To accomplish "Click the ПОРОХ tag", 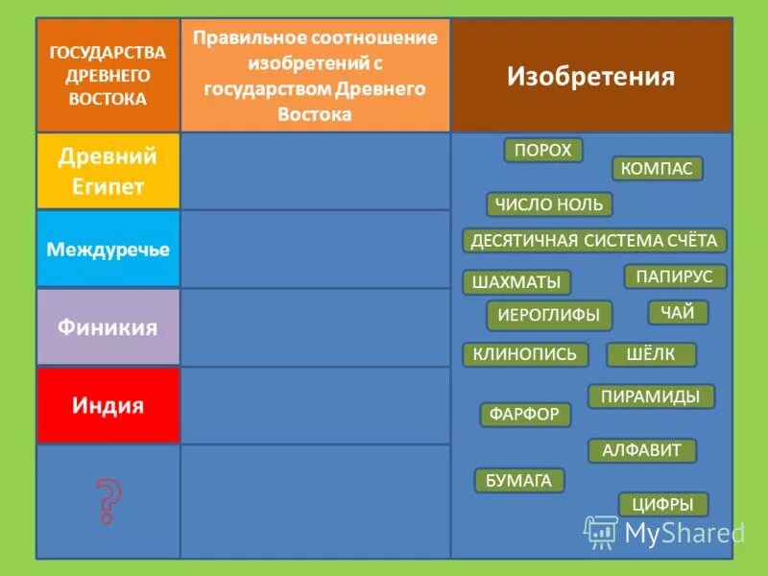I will tap(543, 151).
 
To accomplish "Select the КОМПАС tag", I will tap(657, 169).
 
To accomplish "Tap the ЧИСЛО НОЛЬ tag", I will tap(549, 204).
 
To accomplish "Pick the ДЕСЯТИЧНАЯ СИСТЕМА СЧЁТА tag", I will tap(594, 240).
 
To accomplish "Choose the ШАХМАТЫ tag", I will tap(516, 282).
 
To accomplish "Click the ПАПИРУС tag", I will tap(675, 276).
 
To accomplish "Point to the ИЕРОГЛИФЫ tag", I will tap(548, 315).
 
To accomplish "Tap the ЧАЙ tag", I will tap(678, 312).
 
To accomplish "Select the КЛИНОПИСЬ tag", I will tap(525, 355).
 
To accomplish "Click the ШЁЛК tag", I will tap(651, 355).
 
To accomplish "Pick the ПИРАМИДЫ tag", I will tap(651, 396).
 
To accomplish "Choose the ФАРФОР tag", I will tap(525, 415).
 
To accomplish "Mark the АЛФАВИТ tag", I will tap(642, 450).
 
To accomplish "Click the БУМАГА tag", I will tap(518, 481).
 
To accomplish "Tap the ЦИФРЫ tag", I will tap(663, 504).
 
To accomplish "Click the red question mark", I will tap(108, 500).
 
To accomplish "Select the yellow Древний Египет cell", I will tap(108, 171).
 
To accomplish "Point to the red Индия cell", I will tap(108, 405).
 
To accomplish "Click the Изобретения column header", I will tap(590, 76).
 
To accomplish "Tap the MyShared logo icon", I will tap(601, 532).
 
